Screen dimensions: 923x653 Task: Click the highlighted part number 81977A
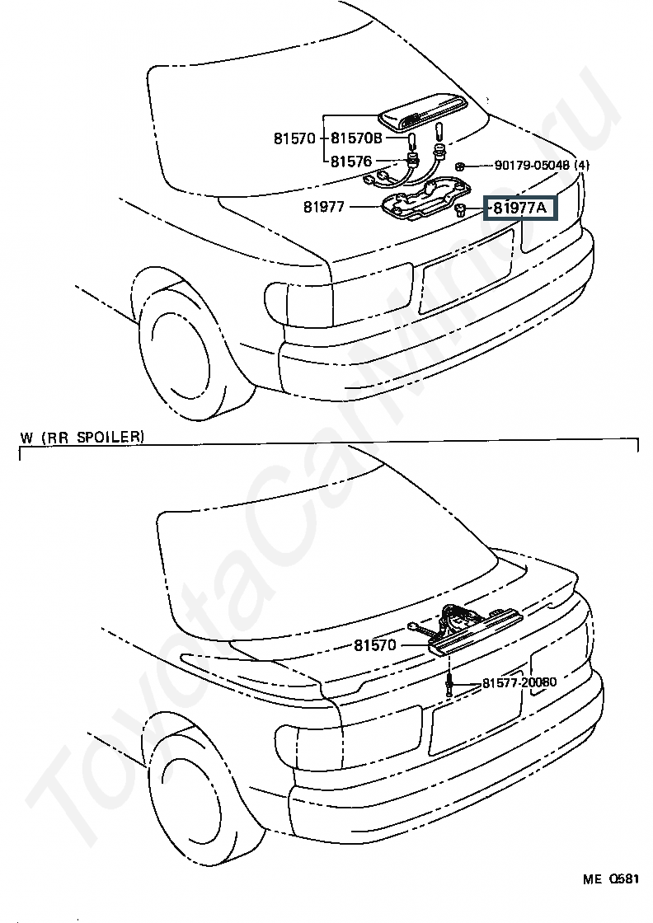(x=519, y=208)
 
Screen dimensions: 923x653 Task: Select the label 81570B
(x=356, y=138)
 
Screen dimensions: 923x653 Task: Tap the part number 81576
(x=350, y=161)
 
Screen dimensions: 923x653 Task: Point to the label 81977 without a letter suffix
(x=323, y=208)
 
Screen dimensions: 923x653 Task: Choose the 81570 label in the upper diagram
(x=294, y=138)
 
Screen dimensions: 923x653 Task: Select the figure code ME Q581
(x=612, y=878)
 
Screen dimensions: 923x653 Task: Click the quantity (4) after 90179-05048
(x=582, y=166)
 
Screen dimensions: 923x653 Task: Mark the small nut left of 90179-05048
(x=463, y=166)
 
